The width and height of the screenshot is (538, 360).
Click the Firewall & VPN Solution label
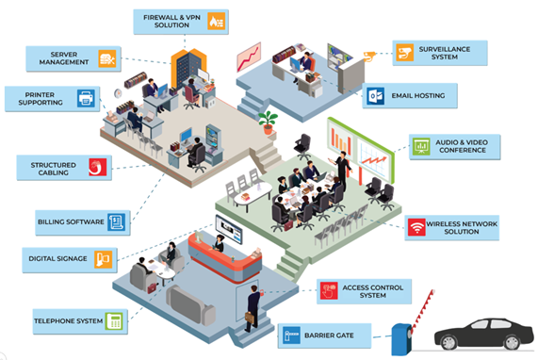point(181,22)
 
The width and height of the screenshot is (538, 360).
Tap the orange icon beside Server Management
point(107,58)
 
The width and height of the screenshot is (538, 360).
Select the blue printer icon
point(86,99)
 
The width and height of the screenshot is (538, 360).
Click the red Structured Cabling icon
point(98,167)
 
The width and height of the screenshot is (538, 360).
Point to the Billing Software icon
point(117,222)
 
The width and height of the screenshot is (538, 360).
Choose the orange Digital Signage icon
point(104,260)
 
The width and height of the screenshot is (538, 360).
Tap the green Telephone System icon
point(114,321)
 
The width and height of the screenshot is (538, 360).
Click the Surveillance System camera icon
point(404,53)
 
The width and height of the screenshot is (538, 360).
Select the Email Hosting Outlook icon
point(375,96)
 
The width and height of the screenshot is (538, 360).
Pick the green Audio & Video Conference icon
point(421,146)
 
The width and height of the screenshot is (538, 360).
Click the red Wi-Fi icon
point(416,227)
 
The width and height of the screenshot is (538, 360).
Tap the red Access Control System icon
point(329,290)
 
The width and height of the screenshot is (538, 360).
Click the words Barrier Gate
point(329,335)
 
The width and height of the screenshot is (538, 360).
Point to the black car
point(484,334)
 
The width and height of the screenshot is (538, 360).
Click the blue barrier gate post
point(401,339)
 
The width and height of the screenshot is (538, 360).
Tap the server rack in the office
point(188,69)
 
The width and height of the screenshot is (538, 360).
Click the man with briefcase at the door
point(253,307)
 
